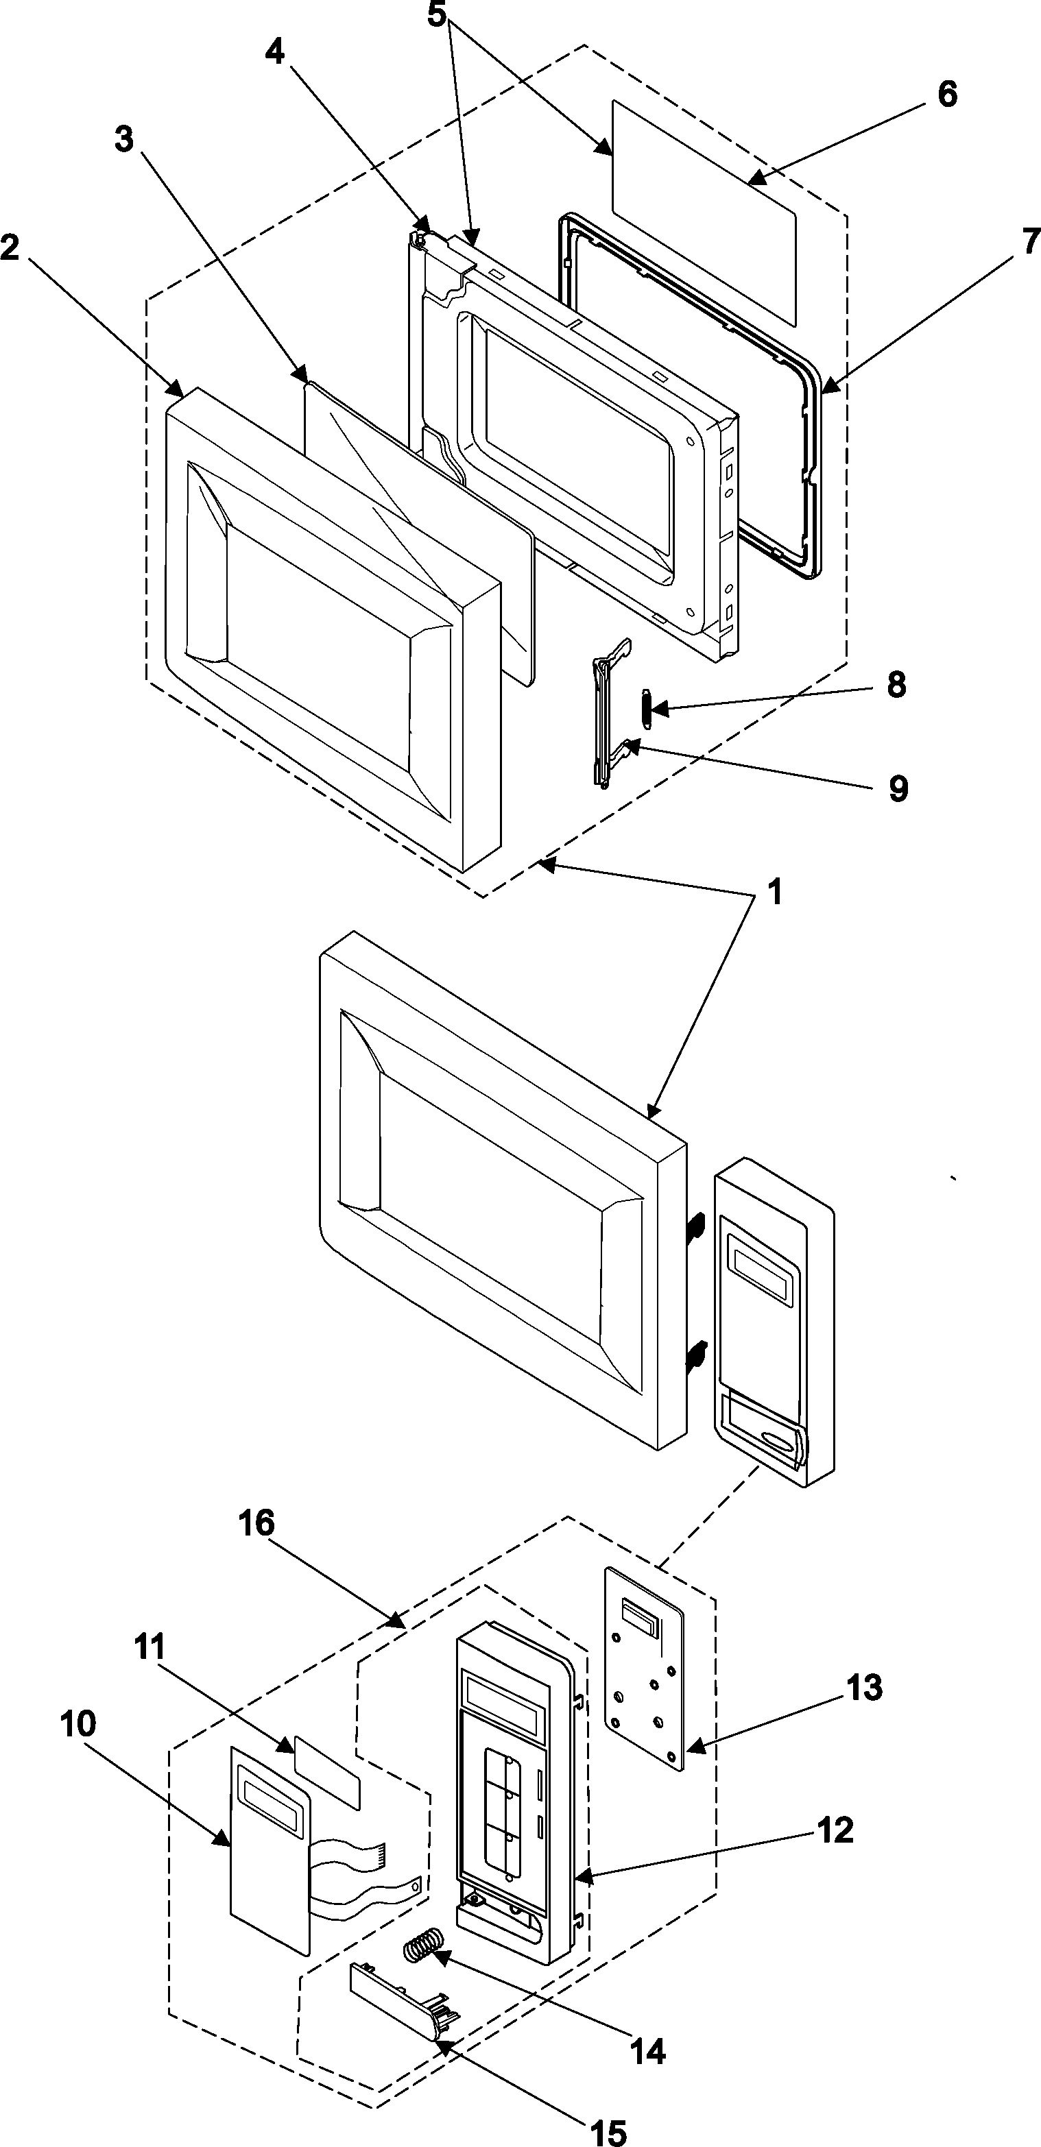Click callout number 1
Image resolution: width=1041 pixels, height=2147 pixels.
pyautogui.click(x=775, y=893)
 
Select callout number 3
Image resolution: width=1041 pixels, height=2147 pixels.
pyautogui.click(x=123, y=139)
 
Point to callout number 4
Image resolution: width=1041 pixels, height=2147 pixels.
pyautogui.click(x=275, y=51)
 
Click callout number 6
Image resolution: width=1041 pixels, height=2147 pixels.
pyautogui.click(x=947, y=94)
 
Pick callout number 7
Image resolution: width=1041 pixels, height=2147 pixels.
pyautogui.click(x=1030, y=242)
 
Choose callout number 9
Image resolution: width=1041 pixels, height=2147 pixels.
pyautogui.click(x=897, y=788)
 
